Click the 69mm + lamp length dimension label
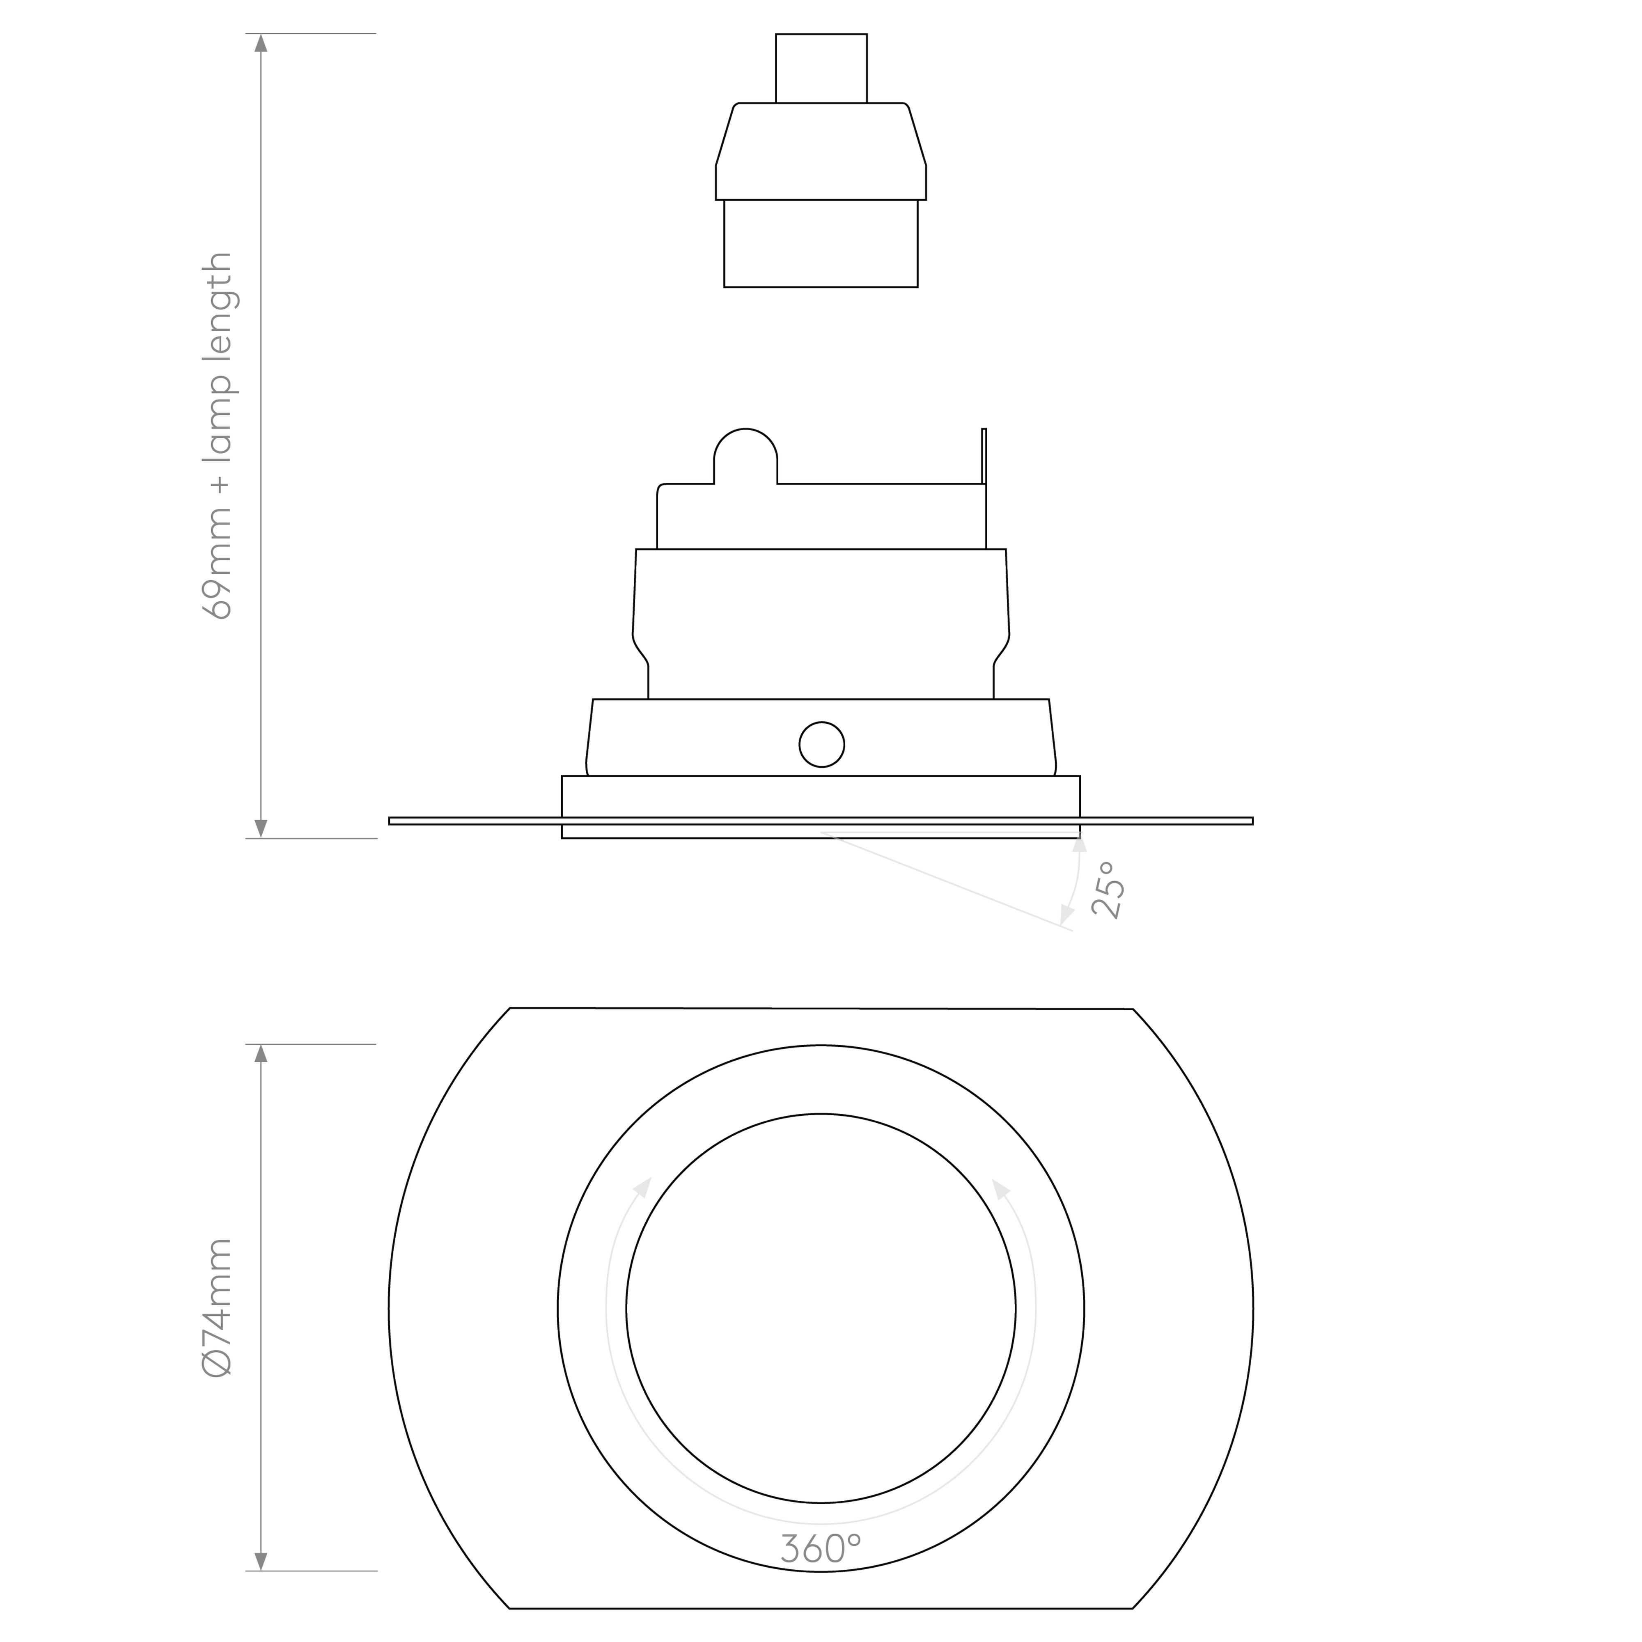click(x=218, y=435)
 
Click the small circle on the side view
click(x=822, y=745)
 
